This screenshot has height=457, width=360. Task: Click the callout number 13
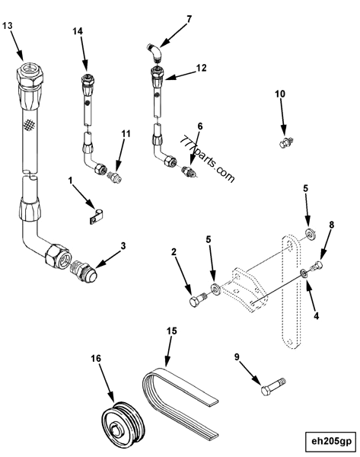tap(9, 26)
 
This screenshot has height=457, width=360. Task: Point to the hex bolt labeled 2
tap(196, 302)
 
